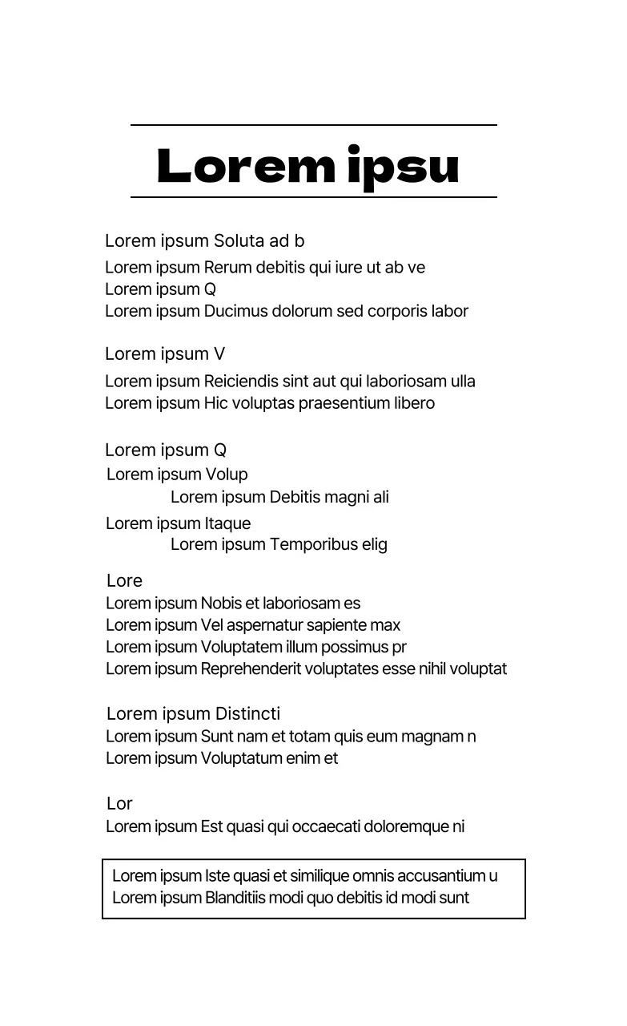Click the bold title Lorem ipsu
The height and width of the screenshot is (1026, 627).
coord(308,166)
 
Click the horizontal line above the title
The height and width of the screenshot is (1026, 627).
coord(313,125)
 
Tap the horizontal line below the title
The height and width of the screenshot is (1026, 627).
coord(313,196)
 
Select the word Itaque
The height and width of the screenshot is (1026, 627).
coord(227,523)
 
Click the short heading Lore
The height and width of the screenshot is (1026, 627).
coord(124,581)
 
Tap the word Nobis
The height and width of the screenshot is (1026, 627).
coord(221,604)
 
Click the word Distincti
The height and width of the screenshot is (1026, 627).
coord(248,714)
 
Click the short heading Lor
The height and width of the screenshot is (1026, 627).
coord(119,804)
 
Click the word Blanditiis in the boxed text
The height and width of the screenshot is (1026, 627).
coord(235,898)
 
